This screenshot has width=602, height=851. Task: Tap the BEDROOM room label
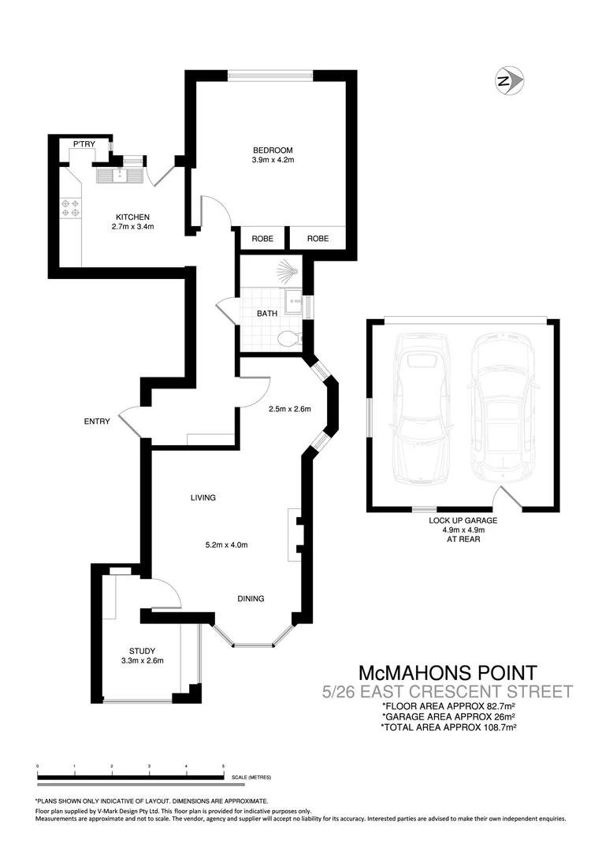pyautogui.click(x=273, y=151)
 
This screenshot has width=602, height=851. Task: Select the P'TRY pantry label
pyautogui.click(x=84, y=144)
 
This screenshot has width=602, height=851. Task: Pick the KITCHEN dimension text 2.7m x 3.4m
pyautogui.click(x=132, y=227)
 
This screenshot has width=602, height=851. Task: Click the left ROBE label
pyautogui.click(x=262, y=239)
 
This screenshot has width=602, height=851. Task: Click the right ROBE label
pyautogui.click(x=318, y=239)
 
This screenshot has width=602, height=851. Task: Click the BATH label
pyautogui.click(x=267, y=313)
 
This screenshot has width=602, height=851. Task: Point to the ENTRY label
pyautogui.click(x=97, y=422)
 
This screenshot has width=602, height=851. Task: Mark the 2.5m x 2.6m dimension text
pyautogui.click(x=290, y=409)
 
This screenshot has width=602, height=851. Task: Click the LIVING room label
pyautogui.click(x=203, y=497)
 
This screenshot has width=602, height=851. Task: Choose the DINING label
pyautogui.click(x=251, y=598)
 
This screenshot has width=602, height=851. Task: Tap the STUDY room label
pyautogui.click(x=143, y=650)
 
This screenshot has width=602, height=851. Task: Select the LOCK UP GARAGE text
pyautogui.click(x=463, y=520)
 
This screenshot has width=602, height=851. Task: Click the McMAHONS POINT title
pyautogui.click(x=448, y=673)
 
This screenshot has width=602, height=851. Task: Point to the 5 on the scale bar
pyautogui.click(x=223, y=765)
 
